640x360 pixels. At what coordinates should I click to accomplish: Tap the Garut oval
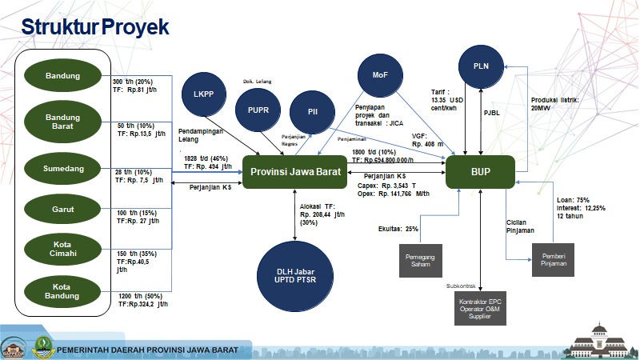[x=62, y=210]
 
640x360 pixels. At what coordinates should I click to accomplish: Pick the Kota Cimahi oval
[x=62, y=248]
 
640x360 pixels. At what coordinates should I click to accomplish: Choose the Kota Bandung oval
[x=62, y=290]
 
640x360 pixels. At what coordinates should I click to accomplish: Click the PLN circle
[x=481, y=66]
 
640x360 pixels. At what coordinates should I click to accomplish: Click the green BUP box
[x=480, y=172]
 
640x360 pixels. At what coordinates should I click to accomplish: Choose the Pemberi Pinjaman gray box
[x=553, y=261]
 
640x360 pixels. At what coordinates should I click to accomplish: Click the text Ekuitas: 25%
[x=398, y=228]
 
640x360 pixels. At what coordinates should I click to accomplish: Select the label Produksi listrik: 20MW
[x=554, y=105]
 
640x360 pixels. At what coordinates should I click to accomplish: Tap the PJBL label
[x=492, y=113]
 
